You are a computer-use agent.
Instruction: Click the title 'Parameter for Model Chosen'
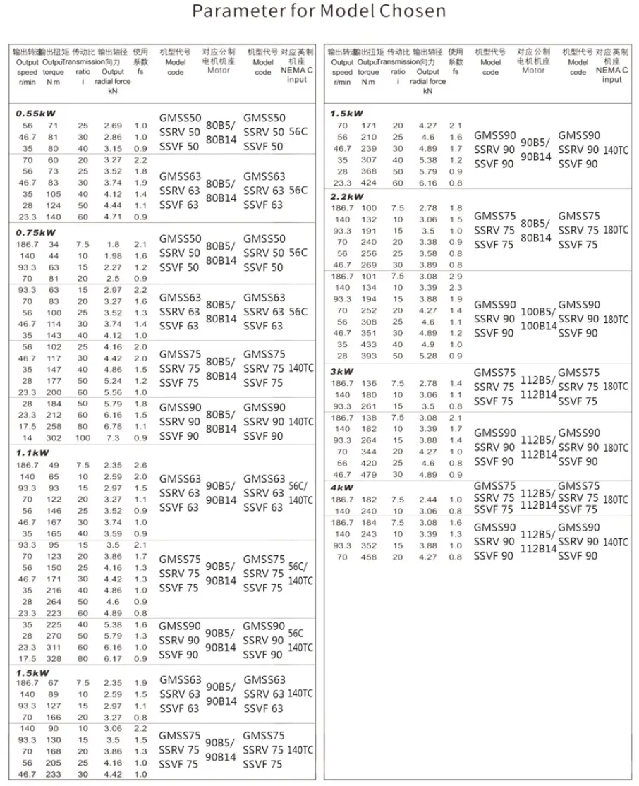(319, 12)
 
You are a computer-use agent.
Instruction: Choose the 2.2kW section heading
(346, 197)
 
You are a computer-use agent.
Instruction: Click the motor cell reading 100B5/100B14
(538, 318)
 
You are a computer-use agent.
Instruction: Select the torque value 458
(369, 557)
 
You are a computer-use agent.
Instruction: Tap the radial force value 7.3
(113, 438)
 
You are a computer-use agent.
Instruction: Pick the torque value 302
(54, 438)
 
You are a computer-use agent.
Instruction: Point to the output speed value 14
(27, 438)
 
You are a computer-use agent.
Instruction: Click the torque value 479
(369, 475)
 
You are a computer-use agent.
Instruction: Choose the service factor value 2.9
(456, 276)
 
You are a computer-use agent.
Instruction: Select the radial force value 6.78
(113, 427)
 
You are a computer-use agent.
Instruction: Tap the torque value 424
(369, 183)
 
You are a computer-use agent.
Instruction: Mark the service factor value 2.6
(140, 466)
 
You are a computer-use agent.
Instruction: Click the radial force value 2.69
(113, 126)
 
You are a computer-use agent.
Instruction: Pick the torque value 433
(369, 344)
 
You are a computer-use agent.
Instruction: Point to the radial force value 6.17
(113, 658)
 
